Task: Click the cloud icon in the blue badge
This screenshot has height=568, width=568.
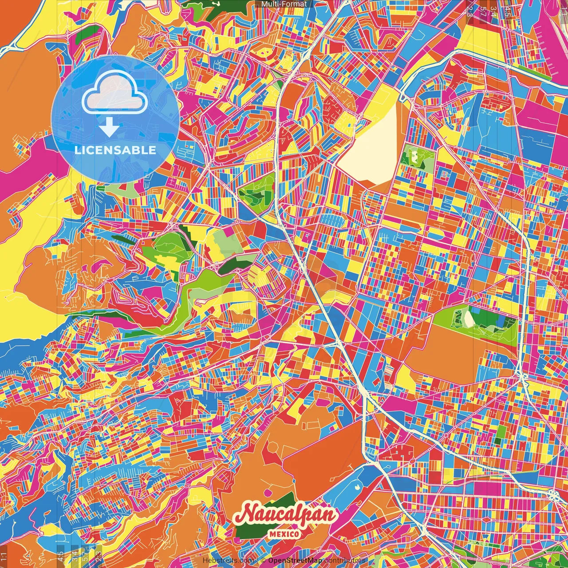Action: (x=114, y=93)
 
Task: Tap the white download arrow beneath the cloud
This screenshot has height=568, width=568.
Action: (x=109, y=128)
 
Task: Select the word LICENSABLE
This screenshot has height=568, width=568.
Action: (x=115, y=150)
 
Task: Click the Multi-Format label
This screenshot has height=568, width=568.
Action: (x=284, y=4)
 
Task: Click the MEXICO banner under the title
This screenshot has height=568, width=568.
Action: (x=284, y=534)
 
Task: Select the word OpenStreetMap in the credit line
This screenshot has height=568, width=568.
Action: (x=295, y=561)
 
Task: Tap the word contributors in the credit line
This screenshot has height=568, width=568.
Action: (x=345, y=561)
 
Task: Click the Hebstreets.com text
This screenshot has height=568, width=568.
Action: (x=227, y=561)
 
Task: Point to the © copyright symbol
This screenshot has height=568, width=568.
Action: (x=263, y=561)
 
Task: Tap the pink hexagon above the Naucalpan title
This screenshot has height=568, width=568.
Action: (x=268, y=493)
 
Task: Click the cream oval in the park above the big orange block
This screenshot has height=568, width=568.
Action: (x=469, y=318)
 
